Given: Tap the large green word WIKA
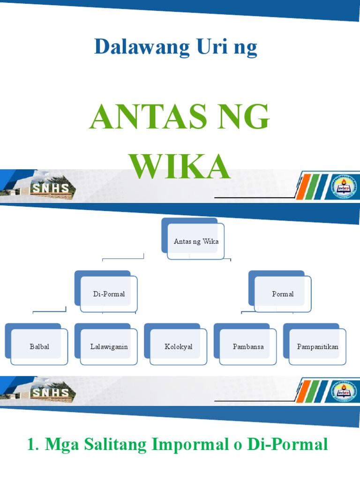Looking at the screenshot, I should coord(180,166).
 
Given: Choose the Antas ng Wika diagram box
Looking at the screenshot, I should coord(196,242).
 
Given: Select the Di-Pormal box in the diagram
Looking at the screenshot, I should coord(109,294).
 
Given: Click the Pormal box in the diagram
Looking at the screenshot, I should coord(283,294).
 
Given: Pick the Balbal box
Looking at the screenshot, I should coord(39,347).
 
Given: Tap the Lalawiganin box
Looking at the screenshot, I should coord(109,347).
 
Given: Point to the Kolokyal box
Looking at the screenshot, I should coord(179,347).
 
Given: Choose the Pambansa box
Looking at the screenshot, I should coord(248,347).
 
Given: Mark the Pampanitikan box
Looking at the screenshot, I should coord(317,347).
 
